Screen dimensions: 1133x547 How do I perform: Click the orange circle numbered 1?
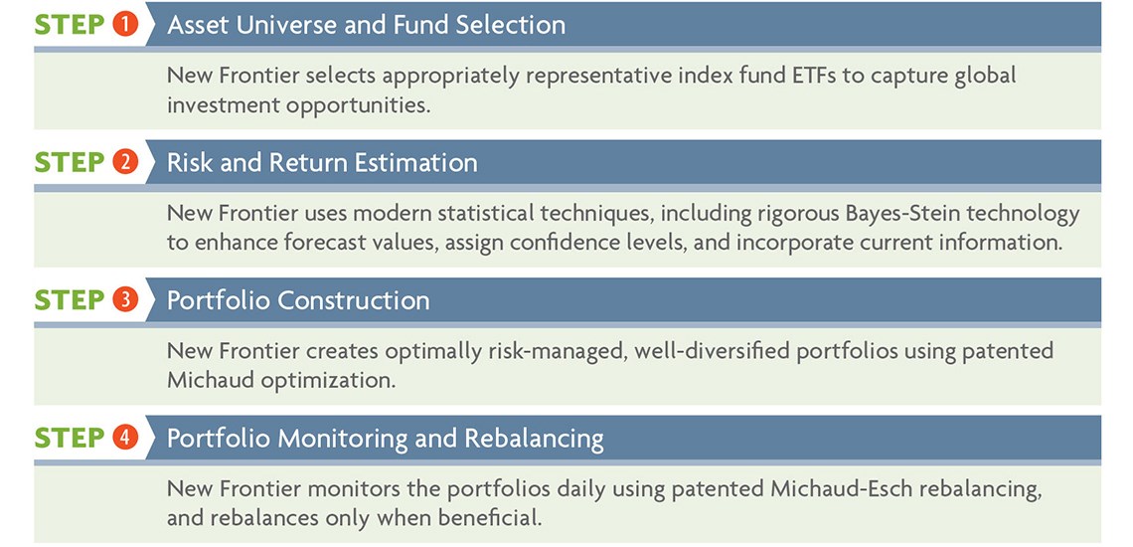125,25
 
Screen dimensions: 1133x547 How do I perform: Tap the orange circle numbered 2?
125,162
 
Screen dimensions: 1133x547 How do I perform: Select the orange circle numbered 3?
125,299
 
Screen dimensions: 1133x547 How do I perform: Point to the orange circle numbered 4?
125,437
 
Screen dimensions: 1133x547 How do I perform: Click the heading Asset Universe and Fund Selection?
366,25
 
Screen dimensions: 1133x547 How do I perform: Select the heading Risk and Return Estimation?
322,162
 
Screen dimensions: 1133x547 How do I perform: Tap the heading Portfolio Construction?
298,300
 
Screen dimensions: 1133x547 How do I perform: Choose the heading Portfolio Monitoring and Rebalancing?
386,438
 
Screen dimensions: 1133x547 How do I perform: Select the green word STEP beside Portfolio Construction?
70,299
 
